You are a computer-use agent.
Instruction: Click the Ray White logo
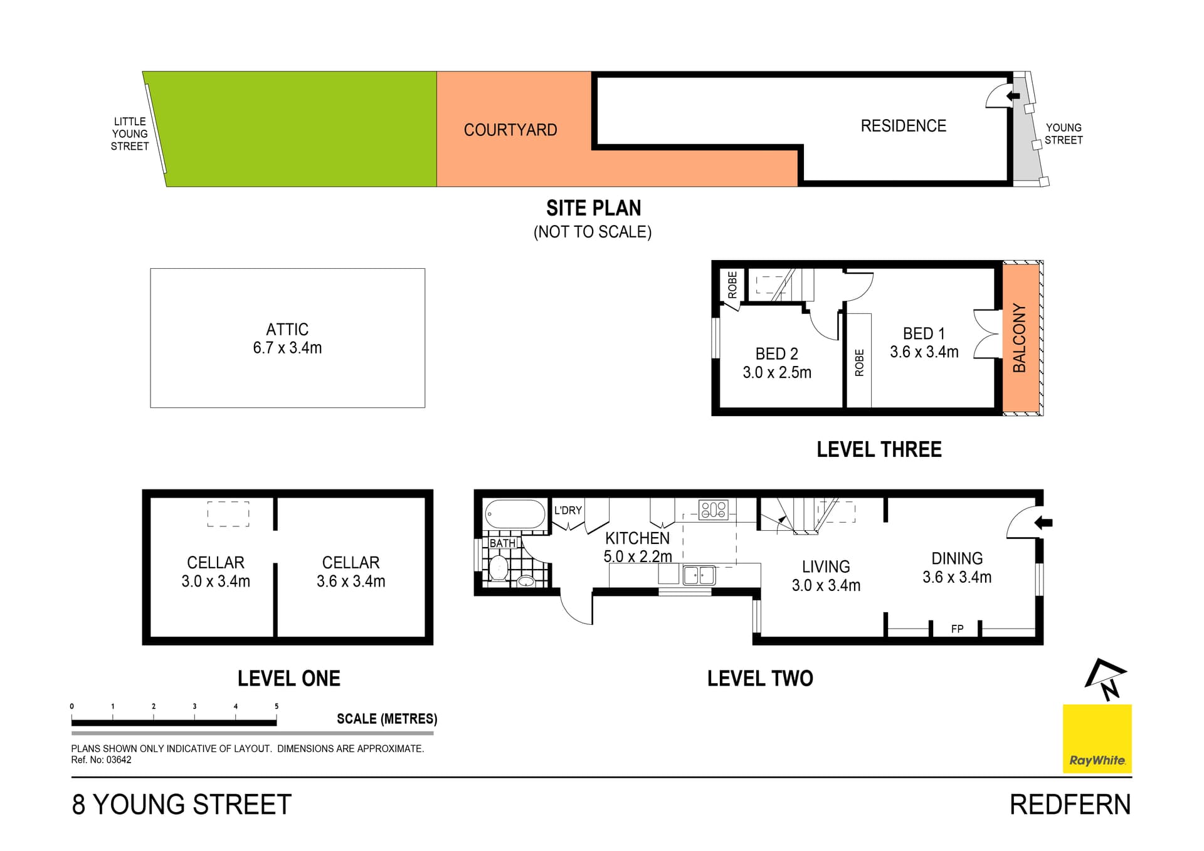(1097, 739)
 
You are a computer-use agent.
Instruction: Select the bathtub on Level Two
(515, 514)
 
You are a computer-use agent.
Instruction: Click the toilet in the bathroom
(499, 568)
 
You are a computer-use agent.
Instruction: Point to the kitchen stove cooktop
(714, 509)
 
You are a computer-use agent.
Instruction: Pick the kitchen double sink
(699, 575)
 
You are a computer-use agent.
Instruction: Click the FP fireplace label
(957, 629)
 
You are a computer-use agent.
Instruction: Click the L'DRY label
(568, 510)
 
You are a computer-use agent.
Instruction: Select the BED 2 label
(777, 353)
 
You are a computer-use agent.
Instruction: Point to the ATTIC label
(287, 329)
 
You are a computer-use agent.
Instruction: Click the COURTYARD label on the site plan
(510, 130)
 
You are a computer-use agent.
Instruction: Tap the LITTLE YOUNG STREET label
(130, 133)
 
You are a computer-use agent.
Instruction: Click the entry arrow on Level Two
(1043, 522)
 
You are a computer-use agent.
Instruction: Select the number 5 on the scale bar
(277, 706)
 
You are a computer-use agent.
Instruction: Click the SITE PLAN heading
(593, 207)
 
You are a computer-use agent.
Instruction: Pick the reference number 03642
(119, 760)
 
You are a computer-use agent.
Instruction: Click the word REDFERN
(1070, 805)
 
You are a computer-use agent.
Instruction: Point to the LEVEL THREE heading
(879, 449)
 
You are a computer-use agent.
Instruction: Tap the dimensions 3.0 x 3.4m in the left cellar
(216, 582)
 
